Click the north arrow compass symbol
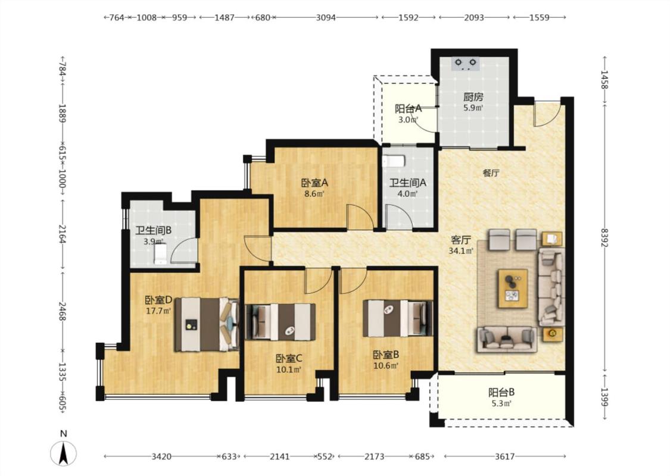click(x=64, y=453)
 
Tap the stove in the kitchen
click(x=465, y=64)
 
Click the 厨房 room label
click(x=473, y=98)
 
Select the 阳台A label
click(x=408, y=108)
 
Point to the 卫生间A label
click(x=407, y=183)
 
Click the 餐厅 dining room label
click(x=491, y=173)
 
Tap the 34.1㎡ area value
click(x=461, y=250)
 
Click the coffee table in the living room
click(x=513, y=288)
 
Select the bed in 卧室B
click(x=397, y=318)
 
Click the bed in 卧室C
click(x=281, y=322)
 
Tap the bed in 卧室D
click(x=207, y=324)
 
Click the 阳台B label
click(x=501, y=392)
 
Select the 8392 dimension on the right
click(x=604, y=237)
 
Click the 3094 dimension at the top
click(x=326, y=17)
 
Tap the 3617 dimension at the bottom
click(x=504, y=456)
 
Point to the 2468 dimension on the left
click(x=63, y=312)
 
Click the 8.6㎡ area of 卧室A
click(x=314, y=193)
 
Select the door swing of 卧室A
click(x=360, y=217)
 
